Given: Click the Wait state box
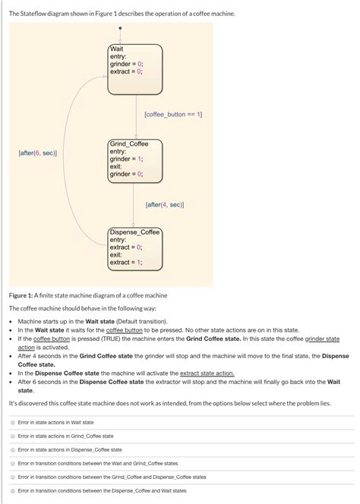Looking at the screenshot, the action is tap(134, 69).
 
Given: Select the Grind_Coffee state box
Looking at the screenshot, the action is tap(134, 163).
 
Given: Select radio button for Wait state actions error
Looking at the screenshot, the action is tap(13, 422).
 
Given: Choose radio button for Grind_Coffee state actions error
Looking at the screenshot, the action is tap(13, 436).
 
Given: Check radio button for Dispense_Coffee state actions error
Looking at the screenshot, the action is tap(13, 449).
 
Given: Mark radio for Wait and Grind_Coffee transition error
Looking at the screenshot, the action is tap(13, 463).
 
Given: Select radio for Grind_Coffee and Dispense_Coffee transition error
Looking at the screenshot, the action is tap(13, 477).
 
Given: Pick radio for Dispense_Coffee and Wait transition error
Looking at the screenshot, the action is tap(13, 490).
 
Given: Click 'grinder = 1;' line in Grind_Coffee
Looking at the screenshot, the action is tap(126, 159).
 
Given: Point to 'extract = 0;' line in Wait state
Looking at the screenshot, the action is tap(126, 71).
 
